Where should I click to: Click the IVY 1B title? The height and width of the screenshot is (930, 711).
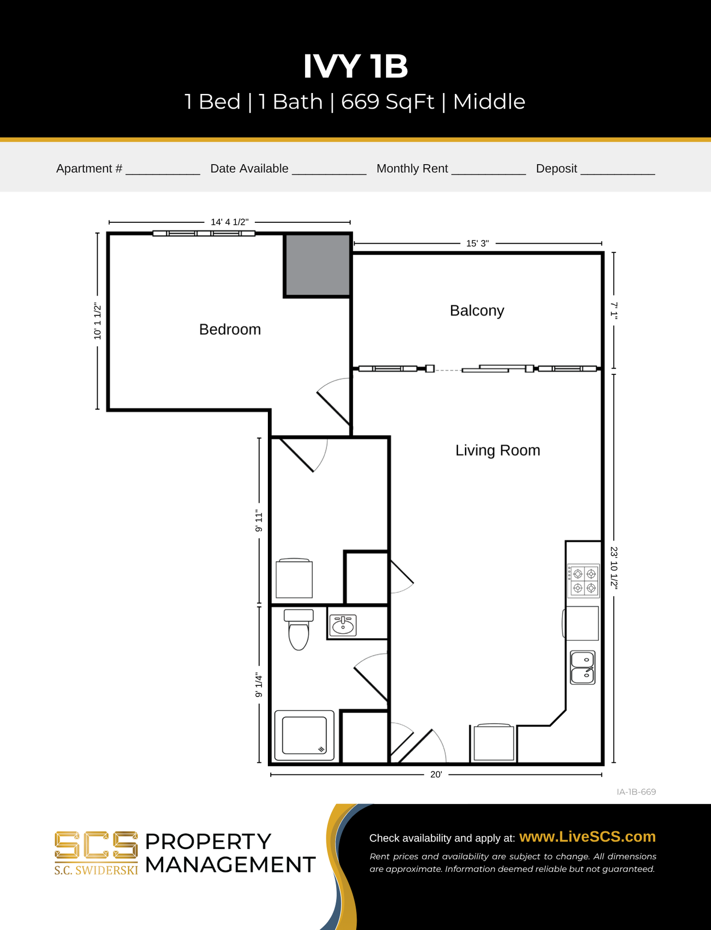[355, 66]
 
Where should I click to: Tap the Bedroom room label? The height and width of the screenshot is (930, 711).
[230, 329]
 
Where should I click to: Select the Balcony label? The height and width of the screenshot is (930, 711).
[477, 310]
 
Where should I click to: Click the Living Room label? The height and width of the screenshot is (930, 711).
[497, 450]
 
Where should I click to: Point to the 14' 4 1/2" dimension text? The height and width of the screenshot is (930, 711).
[229, 222]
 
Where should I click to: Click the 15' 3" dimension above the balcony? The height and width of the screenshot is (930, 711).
[477, 244]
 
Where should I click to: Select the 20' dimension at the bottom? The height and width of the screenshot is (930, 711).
[436, 775]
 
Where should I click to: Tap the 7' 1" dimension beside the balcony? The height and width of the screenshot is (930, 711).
[614, 310]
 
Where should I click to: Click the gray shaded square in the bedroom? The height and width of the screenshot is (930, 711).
[317, 265]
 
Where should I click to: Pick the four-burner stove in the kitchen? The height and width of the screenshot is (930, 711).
[584, 581]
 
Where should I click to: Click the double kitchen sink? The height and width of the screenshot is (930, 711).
[582, 667]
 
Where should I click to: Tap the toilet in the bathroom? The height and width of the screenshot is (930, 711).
[298, 630]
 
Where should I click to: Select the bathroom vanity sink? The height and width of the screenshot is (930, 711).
[343, 625]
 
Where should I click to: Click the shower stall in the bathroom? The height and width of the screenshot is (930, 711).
[304, 735]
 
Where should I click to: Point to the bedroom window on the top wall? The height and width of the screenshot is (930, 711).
[203, 233]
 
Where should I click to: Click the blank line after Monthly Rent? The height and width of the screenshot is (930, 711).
[488, 170]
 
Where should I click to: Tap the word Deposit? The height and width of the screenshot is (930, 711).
[556, 169]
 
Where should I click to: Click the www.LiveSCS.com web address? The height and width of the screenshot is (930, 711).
[587, 837]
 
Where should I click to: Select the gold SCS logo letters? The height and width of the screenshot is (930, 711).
[96, 845]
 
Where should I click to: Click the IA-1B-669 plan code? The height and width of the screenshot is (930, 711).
[636, 792]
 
